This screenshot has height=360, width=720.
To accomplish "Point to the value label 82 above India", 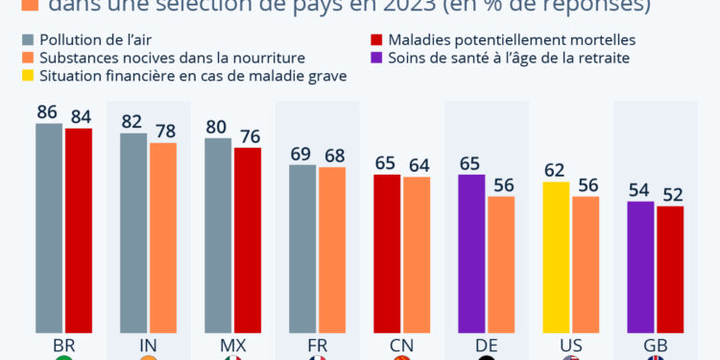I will pos(132,121).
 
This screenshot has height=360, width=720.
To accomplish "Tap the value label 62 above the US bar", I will pos(555,169).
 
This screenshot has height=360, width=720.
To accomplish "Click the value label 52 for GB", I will pos(669,193).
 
